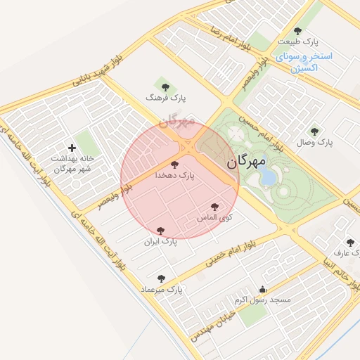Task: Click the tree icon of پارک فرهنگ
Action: tap(165, 87)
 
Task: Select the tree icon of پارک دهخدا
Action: tap(175, 164)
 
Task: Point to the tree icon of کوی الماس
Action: tap(214, 207)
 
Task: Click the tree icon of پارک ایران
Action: tap(161, 230)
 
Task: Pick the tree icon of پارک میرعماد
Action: tap(162, 278)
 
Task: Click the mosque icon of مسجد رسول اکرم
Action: tap(263, 289)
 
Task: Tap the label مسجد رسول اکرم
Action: tap(263, 300)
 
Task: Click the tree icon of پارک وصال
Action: tap(314, 131)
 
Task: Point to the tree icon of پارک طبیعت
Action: tap(297, 31)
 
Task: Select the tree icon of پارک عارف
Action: tap(350, 243)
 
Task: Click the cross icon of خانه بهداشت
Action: tap(72, 148)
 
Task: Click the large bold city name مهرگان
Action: tap(247, 162)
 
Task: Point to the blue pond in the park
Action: tap(268, 177)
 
